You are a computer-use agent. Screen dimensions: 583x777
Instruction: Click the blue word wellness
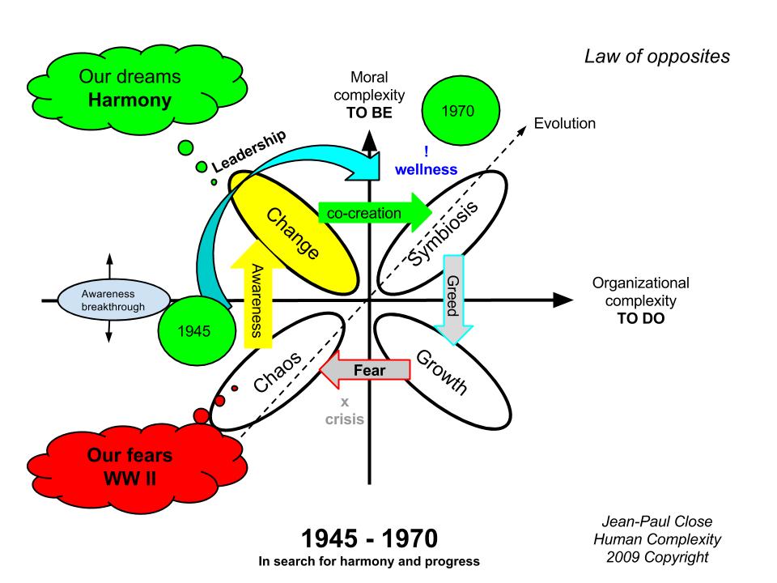coord(426,169)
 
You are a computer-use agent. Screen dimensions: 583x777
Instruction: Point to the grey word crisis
coord(344,419)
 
